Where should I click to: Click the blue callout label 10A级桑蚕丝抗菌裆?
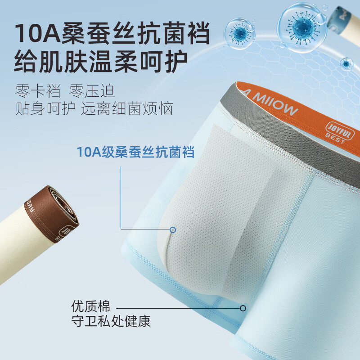(135, 153)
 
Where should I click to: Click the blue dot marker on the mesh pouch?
(173, 230)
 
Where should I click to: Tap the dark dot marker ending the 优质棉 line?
(243, 308)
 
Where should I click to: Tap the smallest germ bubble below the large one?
(346, 63)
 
